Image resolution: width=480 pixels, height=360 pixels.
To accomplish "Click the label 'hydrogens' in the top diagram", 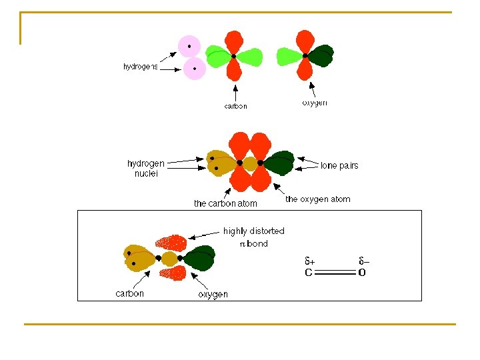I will [x=141, y=66].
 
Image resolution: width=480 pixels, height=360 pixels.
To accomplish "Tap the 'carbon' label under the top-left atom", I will [x=235, y=105].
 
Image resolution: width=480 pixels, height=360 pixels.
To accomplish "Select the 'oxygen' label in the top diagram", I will [x=314, y=103].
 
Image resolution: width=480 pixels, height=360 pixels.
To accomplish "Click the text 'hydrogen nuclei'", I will [x=145, y=168].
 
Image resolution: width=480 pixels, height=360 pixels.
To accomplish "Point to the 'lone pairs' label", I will [x=339, y=165].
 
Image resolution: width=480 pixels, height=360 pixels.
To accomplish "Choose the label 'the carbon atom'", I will [x=225, y=203].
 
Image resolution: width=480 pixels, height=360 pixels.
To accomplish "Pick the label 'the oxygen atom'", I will [x=317, y=199].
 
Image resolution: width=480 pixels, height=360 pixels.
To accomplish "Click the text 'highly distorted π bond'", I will [x=253, y=237].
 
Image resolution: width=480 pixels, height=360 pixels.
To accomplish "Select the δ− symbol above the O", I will [x=363, y=261].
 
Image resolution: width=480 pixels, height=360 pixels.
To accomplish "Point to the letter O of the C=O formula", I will [x=362, y=272].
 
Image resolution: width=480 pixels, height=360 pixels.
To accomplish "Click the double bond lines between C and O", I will [x=335, y=272].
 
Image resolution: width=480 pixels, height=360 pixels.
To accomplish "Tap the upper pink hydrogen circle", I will [x=189, y=47].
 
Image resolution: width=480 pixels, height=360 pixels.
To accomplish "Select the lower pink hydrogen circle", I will [x=195, y=68].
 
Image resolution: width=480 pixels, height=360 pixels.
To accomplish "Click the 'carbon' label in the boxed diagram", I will [x=129, y=293].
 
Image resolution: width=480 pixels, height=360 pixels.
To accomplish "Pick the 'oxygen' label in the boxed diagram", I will [x=213, y=294].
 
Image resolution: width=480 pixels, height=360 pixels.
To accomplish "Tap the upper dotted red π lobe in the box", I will [x=171, y=242].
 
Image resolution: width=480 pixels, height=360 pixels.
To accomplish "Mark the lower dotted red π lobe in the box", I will [x=171, y=273].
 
